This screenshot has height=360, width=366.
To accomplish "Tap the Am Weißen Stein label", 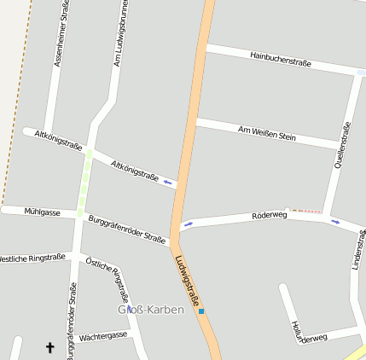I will (x=267, y=132).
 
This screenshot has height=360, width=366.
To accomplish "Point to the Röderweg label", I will (x=270, y=216).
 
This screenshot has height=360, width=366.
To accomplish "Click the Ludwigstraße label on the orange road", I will (x=188, y=281).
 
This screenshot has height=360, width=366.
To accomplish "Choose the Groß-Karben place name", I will (x=151, y=310).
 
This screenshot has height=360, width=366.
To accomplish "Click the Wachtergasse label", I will (x=102, y=337).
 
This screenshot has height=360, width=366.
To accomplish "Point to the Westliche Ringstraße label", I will (x=32, y=258).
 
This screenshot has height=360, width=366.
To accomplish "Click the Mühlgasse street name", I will (x=42, y=212).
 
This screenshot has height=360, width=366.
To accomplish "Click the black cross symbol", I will (x=49, y=347).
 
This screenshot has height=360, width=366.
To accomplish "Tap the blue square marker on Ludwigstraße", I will (x=201, y=311).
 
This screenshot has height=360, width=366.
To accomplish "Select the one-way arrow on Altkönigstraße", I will (x=168, y=182).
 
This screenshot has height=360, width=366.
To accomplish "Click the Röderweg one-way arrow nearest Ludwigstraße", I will (x=188, y=224).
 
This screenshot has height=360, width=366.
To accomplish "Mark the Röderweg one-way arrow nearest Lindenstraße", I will (x=335, y=222).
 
